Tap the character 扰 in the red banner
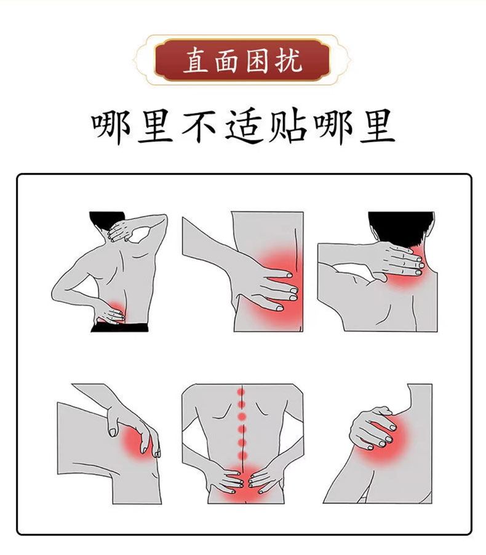289,60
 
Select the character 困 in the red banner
258,60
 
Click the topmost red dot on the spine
241,392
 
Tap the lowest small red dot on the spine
242,455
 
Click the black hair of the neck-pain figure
401,227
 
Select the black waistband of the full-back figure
119,327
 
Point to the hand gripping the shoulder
372,427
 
